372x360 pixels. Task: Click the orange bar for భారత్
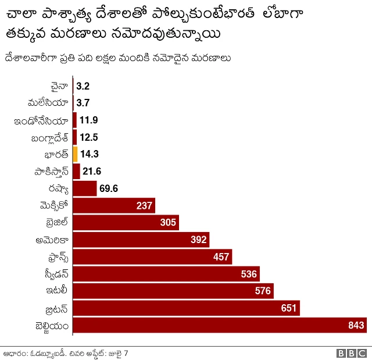(75, 155)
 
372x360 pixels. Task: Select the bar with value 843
(219, 325)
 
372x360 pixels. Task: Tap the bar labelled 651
(186, 308)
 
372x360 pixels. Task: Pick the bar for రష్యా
(84, 188)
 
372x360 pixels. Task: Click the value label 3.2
(83, 86)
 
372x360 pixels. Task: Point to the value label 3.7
(83, 103)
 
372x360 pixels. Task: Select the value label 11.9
(89, 120)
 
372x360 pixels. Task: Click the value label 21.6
(92, 172)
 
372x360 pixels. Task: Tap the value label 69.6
(109, 188)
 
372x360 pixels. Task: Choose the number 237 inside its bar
(144, 206)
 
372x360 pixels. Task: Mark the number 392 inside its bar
(199, 240)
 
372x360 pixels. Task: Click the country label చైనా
(59, 86)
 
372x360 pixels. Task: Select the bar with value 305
(126, 223)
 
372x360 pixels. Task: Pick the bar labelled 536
(166, 274)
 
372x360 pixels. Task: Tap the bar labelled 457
(152, 256)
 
